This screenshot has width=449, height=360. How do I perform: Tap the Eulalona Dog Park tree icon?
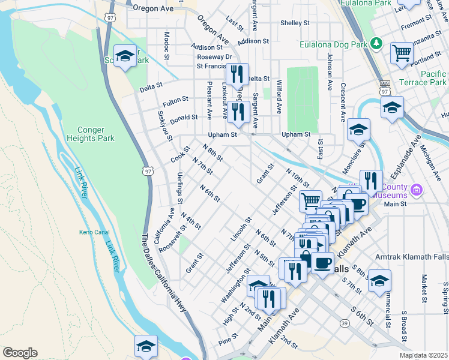[376, 43]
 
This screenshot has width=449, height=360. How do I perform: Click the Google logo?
[20, 353]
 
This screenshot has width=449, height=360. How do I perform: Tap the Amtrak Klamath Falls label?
[411, 257]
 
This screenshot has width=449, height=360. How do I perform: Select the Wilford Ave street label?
[279, 97]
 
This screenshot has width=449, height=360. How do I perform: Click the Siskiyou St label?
[161, 122]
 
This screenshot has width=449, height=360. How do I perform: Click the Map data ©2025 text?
[424, 355]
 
